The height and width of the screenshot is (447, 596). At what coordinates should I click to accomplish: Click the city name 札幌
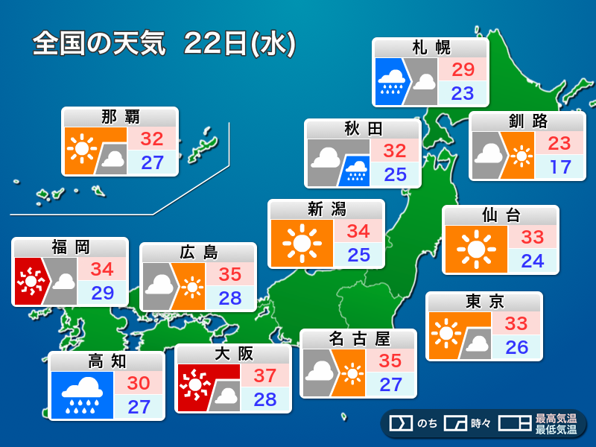click(x=431, y=48)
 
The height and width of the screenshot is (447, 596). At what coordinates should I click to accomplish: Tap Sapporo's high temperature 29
click(x=463, y=70)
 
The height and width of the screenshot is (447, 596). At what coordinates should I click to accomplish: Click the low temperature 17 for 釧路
click(x=559, y=166)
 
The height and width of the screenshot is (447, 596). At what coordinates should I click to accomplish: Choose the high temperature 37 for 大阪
click(x=264, y=375)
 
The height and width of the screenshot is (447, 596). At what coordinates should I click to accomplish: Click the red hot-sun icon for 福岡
click(x=29, y=282)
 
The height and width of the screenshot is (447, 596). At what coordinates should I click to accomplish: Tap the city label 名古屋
click(x=359, y=339)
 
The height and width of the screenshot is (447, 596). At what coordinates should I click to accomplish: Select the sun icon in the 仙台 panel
click(x=475, y=250)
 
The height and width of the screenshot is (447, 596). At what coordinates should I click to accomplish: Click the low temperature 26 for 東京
click(x=516, y=347)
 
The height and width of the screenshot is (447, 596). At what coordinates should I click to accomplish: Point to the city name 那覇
click(x=120, y=117)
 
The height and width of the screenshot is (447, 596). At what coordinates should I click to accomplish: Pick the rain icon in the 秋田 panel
click(x=355, y=171)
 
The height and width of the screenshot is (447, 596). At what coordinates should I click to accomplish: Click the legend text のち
click(x=427, y=424)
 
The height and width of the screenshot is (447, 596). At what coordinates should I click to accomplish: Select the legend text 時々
click(x=481, y=424)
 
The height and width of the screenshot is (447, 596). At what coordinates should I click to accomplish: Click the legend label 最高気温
click(x=556, y=419)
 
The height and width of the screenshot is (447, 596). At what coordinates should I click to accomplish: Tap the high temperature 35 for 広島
click(x=230, y=274)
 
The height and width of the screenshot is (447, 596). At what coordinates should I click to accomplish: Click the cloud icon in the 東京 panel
click(x=475, y=343)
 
